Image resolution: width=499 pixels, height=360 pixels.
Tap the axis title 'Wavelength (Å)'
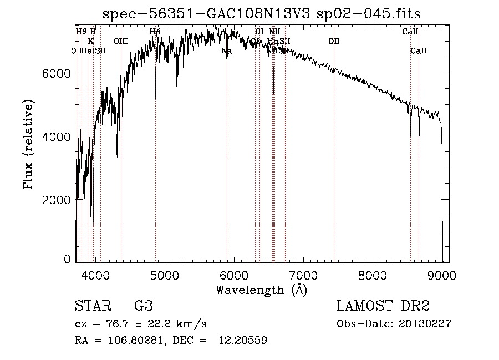[261, 289]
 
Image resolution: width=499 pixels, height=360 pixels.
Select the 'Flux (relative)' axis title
[28, 144]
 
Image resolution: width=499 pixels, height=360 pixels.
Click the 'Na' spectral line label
[226, 50]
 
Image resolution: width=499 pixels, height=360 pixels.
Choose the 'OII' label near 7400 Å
[334, 41]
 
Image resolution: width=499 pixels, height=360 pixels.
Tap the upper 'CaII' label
[410, 32]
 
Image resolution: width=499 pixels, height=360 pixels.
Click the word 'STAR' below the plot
[92, 306]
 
